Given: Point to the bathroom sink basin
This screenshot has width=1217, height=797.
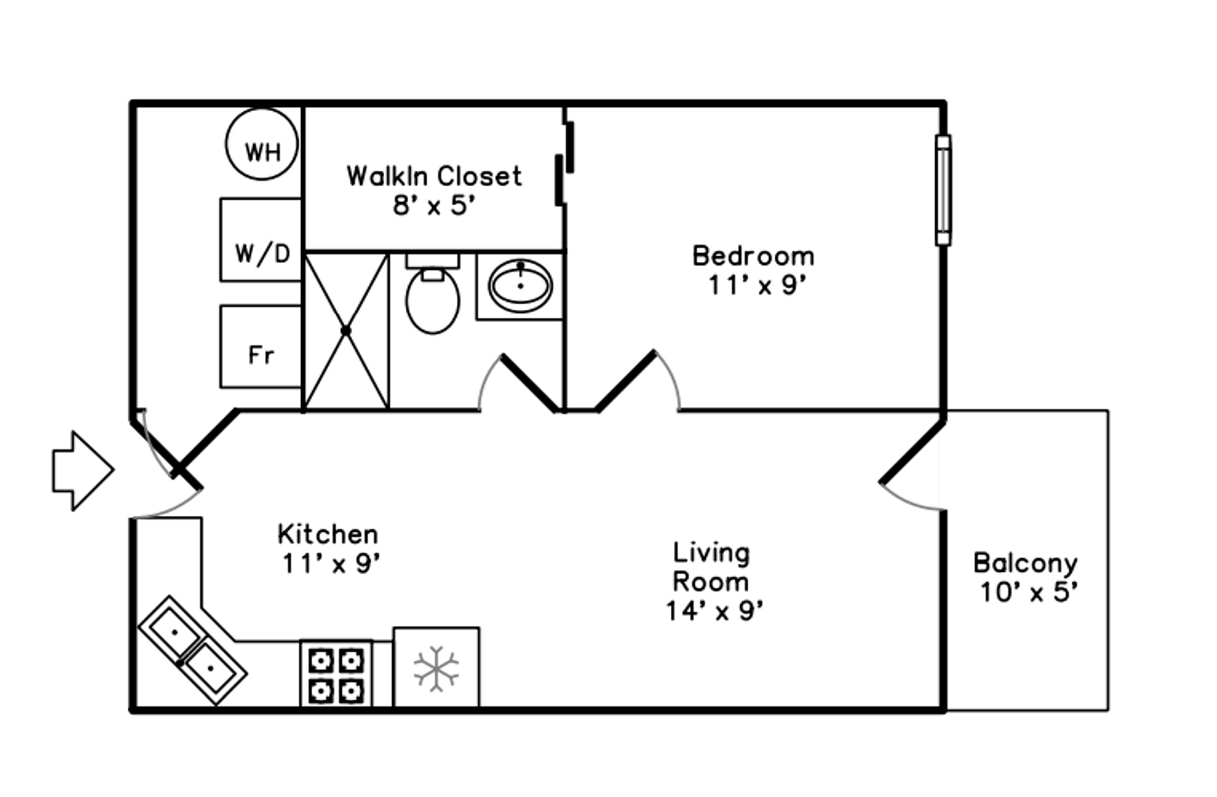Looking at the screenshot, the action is pos(520,286).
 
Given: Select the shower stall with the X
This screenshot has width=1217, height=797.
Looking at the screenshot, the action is pos(346,331).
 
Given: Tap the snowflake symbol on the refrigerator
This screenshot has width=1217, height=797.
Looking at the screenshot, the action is pos(436,669).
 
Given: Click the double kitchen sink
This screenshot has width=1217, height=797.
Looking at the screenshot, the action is pos(193,649).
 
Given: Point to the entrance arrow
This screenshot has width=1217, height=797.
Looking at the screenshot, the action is pos(83,471).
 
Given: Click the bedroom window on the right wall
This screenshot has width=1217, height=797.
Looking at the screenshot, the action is pos(943,190).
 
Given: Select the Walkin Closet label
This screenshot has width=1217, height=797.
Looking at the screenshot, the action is pos(434,176).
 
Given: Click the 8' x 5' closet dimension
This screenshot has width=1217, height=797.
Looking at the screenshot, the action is pos(434,205).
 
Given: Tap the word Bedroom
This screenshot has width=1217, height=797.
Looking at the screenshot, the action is pos(753,256).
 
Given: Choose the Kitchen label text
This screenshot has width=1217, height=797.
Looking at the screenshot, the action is pos(328,534).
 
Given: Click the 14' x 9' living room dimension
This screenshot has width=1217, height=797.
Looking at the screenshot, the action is pos(714,610).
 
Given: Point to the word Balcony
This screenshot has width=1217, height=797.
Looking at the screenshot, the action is pos(1025,563).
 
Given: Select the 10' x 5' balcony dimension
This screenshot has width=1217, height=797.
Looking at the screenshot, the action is pos(1029,592).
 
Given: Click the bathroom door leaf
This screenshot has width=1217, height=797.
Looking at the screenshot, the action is pos(530,384).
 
